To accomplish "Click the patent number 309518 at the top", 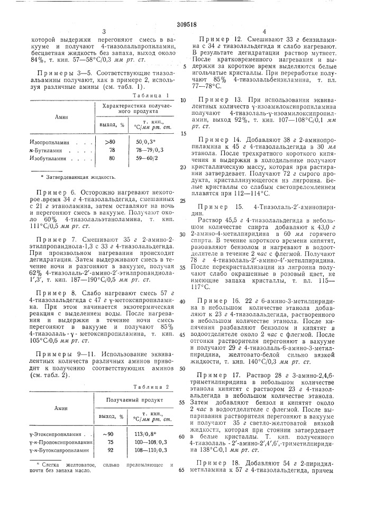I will pyautogui.click(x=187, y=23).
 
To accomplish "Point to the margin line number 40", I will pyautogui.click(x=182, y=300).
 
